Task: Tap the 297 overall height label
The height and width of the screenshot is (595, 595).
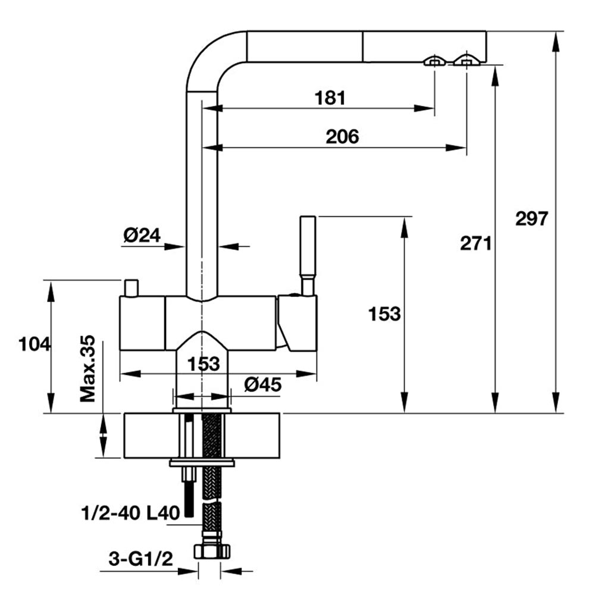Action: pos(531,218)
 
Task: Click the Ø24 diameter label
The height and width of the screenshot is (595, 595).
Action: pos(142,236)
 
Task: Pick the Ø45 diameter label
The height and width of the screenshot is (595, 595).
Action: pos(262,385)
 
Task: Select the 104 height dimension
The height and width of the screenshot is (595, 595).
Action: pos(35,344)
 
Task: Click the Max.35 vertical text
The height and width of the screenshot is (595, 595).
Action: pos(89,369)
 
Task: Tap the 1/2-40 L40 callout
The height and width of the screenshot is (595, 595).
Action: pos(130,512)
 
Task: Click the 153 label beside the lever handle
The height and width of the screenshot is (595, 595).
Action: pos(384,314)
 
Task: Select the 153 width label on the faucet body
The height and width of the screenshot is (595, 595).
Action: pos(205,364)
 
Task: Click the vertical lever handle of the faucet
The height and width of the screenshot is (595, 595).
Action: pos(307,247)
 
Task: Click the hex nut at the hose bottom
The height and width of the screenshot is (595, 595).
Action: pos(211,549)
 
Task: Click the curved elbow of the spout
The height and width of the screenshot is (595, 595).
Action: pos(211,57)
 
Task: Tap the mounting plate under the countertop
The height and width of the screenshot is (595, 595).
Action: pos(202,462)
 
